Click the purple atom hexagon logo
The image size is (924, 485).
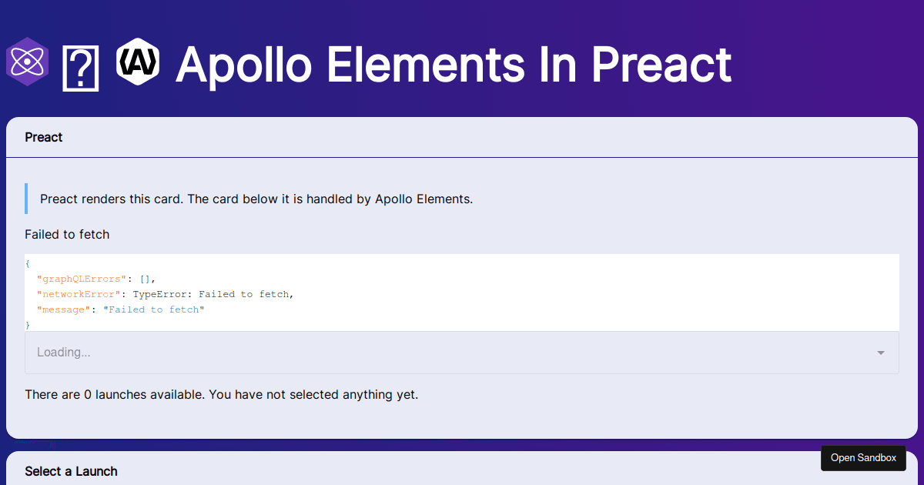click(x=27, y=62)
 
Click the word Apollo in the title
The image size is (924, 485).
click(x=243, y=65)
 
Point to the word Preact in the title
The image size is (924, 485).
click(x=661, y=65)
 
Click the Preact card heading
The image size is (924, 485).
click(x=44, y=137)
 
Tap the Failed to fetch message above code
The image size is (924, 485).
click(x=67, y=234)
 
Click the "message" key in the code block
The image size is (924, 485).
click(x=64, y=309)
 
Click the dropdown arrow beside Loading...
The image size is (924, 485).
click(x=881, y=353)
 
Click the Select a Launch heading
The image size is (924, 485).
click(x=71, y=471)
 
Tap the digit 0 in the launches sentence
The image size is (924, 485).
click(x=88, y=395)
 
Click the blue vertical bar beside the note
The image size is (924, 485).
click(x=26, y=199)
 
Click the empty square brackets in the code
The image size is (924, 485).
click(x=146, y=279)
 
